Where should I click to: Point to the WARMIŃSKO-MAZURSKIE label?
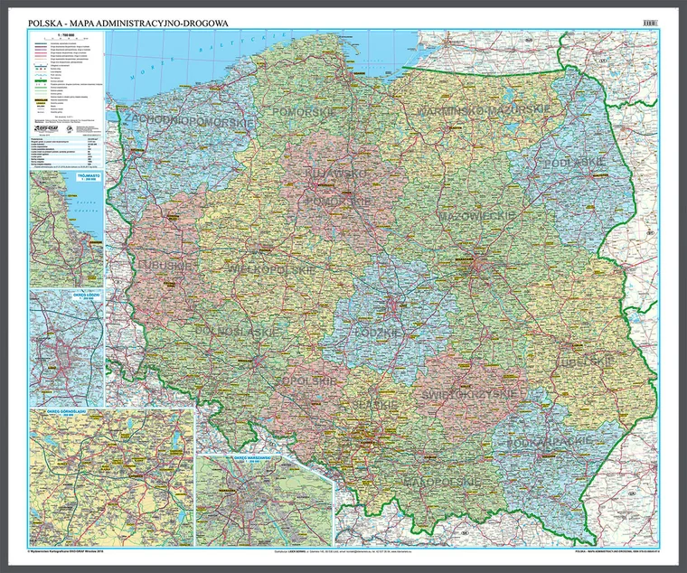click(x=484, y=109)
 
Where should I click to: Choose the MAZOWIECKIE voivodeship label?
click(x=476, y=218)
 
